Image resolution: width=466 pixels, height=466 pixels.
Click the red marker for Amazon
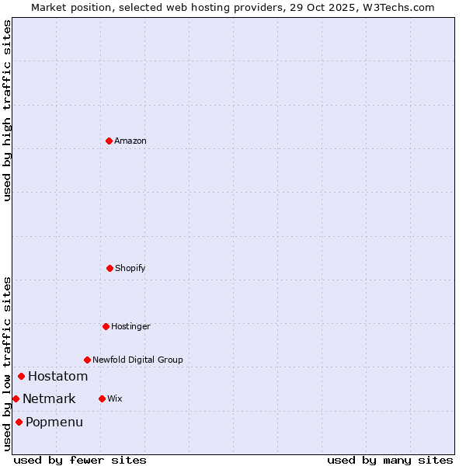(x=109, y=141)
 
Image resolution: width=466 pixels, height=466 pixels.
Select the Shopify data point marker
(x=110, y=268)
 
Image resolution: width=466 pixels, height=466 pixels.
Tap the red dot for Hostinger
(x=106, y=326)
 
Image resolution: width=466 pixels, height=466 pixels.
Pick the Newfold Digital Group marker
(x=87, y=360)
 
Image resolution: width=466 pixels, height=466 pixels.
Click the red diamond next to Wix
(x=102, y=398)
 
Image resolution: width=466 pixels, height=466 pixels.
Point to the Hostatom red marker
(x=21, y=377)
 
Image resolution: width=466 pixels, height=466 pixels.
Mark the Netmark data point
(x=16, y=398)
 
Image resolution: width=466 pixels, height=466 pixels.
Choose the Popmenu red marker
(x=19, y=422)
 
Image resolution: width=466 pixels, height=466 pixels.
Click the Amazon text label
(x=130, y=141)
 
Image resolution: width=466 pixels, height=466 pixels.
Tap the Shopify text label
(x=130, y=268)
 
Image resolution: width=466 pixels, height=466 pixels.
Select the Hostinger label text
(x=130, y=326)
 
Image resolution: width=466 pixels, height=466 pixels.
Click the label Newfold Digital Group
(x=137, y=360)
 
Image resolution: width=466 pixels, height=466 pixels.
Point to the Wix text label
(x=115, y=398)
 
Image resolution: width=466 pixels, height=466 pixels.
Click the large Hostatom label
(x=58, y=377)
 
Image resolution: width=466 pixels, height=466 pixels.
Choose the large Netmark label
(x=49, y=399)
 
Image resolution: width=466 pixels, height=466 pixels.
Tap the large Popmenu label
(x=54, y=423)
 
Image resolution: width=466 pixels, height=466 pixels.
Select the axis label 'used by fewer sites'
(x=80, y=460)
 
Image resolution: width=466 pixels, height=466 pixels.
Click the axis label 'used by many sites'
(x=390, y=460)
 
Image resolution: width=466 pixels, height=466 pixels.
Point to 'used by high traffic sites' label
(x=7, y=110)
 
